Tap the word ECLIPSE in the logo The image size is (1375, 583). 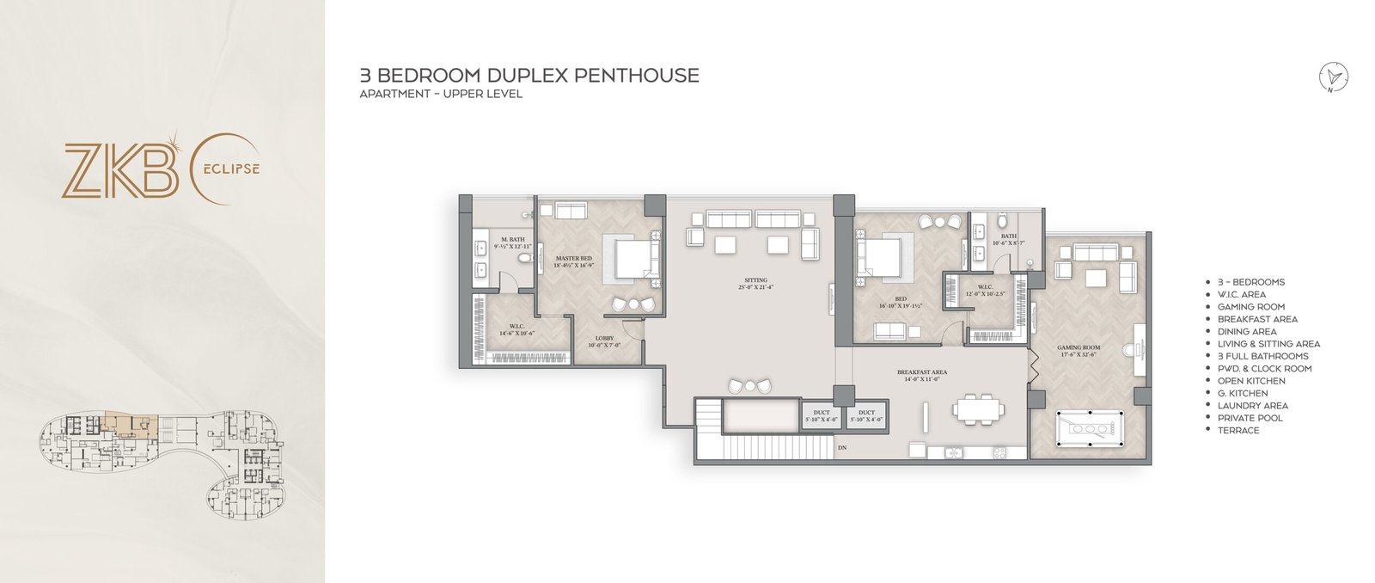[x=229, y=169]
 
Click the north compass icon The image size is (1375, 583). [x=1334, y=77]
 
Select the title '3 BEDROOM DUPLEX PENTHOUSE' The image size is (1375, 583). [x=529, y=76]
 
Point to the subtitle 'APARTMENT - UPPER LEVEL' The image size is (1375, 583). [x=441, y=94]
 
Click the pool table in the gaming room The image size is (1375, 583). [x=1088, y=427]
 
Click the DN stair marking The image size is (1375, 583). [x=842, y=447]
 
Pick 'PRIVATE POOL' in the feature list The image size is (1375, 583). [x=1250, y=418]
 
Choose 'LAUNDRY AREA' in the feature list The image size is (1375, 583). [x=1252, y=406]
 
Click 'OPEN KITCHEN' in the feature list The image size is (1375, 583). [x=1251, y=381]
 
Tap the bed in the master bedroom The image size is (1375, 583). [x=634, y=259]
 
